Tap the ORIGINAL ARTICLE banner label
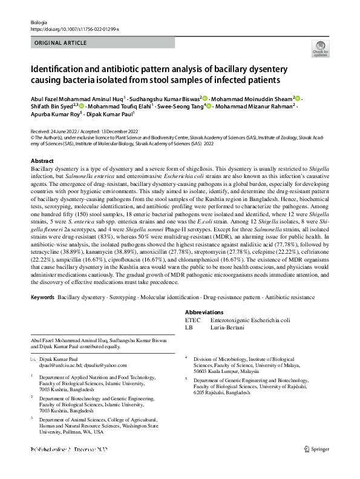(x=61, y=44)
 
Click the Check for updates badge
(x=319, y=49)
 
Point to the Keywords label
(x=42, y=299)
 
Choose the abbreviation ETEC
(x=192, y=319)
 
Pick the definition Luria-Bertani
(x=227, y=327)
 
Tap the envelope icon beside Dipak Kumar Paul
(x=33, y=359)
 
